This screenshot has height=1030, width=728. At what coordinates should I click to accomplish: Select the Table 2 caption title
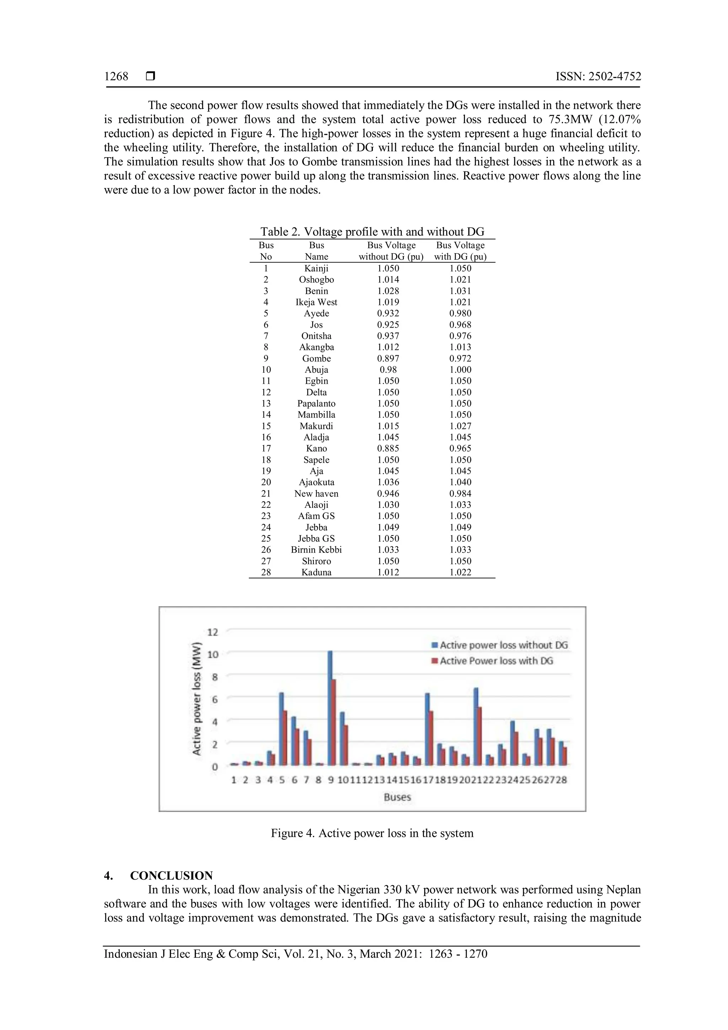(x=372, y=232)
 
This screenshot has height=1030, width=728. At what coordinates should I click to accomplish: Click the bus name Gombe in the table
(x=316, y=359)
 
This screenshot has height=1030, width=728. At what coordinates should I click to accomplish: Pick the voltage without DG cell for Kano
(x=388, y=448)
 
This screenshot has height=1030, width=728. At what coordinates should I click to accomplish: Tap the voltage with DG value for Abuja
(x=460, y=370)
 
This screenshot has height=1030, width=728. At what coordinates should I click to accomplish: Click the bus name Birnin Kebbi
(x=316, y=549)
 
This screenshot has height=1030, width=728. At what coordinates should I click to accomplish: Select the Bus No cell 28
(x=266, y=572)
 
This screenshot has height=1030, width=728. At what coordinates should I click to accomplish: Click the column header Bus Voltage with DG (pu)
(x=460, y=251)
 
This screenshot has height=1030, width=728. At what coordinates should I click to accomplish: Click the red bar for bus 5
(x=284, y=738)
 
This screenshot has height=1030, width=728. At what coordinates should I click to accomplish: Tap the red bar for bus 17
(x=431, y=738)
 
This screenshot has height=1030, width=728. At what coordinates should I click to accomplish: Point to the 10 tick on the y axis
(x=213, y=654)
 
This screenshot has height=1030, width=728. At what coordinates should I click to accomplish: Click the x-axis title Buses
(x=397, y=797)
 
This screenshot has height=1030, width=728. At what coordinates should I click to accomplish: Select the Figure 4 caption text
(x=372, y=833)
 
